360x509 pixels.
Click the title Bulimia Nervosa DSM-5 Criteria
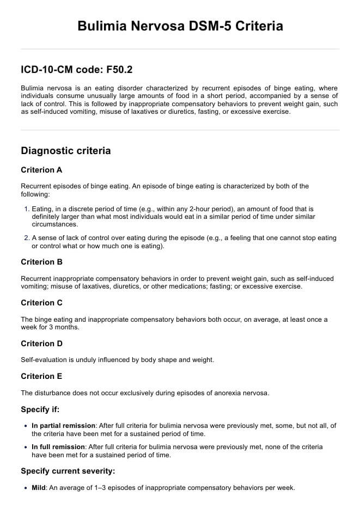[180, 26]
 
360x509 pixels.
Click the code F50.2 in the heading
[119, 70]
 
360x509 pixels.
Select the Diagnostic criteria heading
[65, 150]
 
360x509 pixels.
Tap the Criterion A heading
[41, 170]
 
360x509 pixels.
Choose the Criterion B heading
[41, 262]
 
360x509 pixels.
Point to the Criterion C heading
[41, 303]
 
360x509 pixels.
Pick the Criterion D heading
[41, 344]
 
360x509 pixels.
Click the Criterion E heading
[41, 376]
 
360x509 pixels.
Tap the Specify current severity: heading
[68, 471]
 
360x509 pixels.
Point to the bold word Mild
[39, 488]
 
